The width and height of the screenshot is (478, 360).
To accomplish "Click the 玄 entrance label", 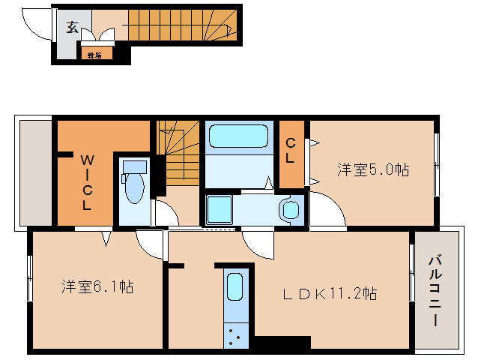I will point(72,28).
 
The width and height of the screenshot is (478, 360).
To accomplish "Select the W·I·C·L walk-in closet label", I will point(87,181).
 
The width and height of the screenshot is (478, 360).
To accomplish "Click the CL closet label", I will point(291,151).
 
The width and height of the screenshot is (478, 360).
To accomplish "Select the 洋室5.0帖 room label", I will point(372,170).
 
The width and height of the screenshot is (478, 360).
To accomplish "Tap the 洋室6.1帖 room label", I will point(97,286).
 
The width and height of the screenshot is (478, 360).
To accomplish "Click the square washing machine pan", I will point(220,208).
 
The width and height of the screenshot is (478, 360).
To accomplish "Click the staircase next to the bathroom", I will point(179,153).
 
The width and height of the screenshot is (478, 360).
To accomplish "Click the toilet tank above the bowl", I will point(135,166).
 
